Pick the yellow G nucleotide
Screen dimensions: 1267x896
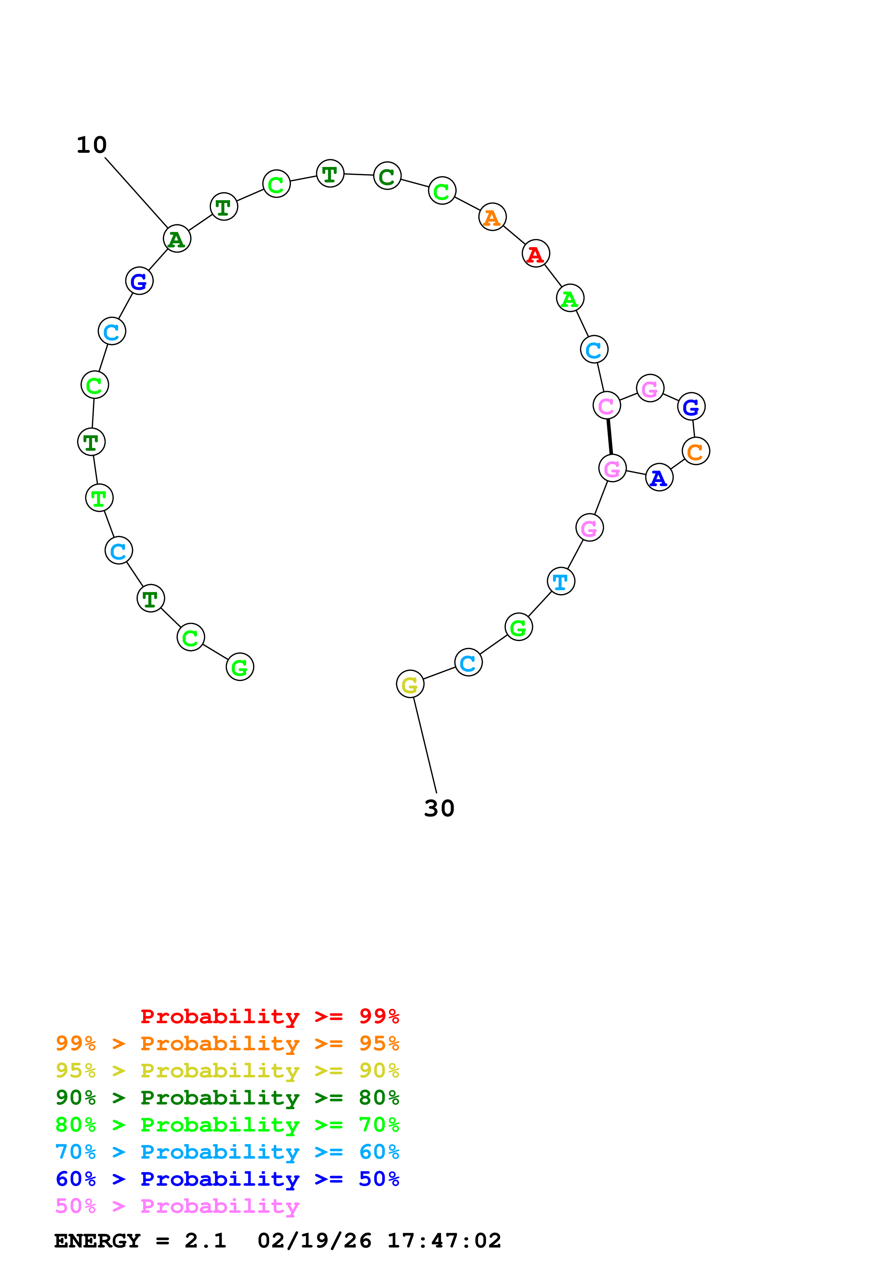[410, 684]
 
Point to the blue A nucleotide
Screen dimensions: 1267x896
[659, 477]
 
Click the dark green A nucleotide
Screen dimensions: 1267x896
[177, 239]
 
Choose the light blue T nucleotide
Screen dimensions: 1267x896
[560, 581]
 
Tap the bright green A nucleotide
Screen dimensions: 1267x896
[570, 299]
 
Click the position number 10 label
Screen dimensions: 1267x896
[92, 145]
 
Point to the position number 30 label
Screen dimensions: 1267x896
[439, 808]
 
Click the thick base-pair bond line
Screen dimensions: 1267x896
[609, 437]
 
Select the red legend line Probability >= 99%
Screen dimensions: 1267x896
[269, 1016]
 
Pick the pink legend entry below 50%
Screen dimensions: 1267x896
[177, 1206]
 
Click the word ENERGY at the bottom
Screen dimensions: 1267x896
[97, 1241]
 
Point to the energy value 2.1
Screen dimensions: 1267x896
[205, 1241]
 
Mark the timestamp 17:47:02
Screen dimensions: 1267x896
[444, 1241]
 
